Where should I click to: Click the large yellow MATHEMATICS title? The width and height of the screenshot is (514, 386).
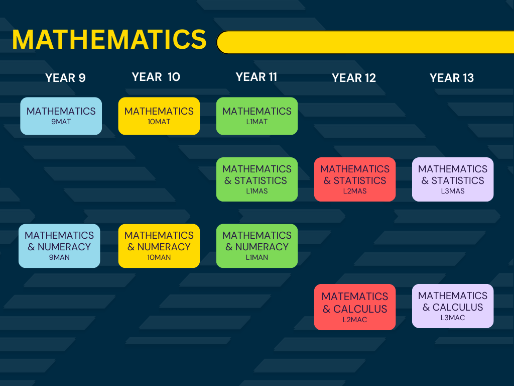(109, 39)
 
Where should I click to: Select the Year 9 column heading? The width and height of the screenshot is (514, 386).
(65, 78)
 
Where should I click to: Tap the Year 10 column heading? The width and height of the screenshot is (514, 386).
(156, 77)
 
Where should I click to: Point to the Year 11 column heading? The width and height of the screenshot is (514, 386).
(256, 77)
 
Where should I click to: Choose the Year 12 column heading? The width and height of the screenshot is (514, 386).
(354, 78)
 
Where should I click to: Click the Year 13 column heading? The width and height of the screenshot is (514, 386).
(452, 78)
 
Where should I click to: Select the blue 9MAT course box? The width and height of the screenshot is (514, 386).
(61, 116)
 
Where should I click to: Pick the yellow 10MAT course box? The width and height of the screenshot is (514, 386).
(159, 116)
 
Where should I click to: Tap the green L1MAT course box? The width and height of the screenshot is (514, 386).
(257, 116)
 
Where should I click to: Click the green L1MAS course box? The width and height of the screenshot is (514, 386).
(257, 179)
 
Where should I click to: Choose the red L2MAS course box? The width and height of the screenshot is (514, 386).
(355, 179)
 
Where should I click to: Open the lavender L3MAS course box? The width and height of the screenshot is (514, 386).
(453, 179)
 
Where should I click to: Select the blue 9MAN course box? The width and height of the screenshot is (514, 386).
(59, 246)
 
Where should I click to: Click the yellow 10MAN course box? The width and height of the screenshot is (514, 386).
(159, 246)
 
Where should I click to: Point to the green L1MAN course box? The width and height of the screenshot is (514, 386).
(257, 246)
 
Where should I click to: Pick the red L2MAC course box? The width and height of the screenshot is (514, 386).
(355, 307)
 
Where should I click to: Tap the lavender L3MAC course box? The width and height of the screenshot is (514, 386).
(453, 306)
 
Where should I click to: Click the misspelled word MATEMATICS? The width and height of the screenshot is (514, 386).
(355, 297)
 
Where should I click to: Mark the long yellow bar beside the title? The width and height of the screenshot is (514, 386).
(365, 42)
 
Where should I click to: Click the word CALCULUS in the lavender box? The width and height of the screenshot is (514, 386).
(458, 307)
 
